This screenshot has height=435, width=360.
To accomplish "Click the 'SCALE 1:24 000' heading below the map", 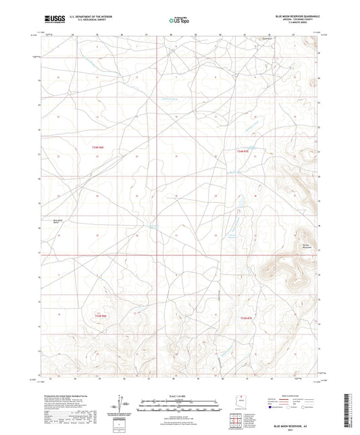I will [x=179, y=396].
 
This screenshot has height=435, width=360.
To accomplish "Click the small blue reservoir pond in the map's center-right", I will [x=238, y=203].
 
